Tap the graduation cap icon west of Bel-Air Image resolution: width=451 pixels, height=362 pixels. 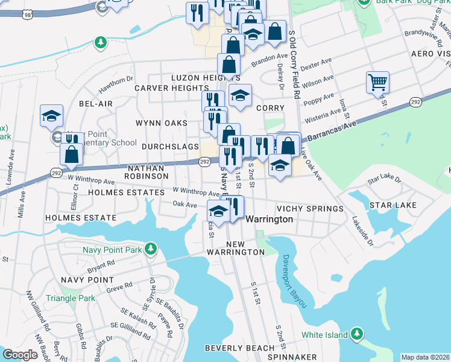pyautogui.click(x=52, y=115)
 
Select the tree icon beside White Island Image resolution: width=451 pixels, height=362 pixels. pyautogui.click(x=358, y=334)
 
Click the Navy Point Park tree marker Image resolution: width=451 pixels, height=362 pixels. pyautogui.click(x=150, y=248)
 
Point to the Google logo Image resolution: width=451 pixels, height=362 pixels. pyautogui.click(x=20, y=354)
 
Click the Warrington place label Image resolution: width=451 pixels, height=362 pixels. pyautogui.click(x=269, y=220)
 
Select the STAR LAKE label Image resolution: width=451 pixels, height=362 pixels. pyautogui.click(x=393, y=206)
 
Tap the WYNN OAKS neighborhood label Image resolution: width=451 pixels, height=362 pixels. pyautogui.click(x=161, y=122)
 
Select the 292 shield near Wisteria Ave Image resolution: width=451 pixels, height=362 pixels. pyautogui.click(x=417, y=102)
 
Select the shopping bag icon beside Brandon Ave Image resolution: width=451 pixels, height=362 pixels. pyautogui.click(x=229, y=63)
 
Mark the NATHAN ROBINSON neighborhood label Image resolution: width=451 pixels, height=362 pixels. pyautogui.click(x=147, y=171)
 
